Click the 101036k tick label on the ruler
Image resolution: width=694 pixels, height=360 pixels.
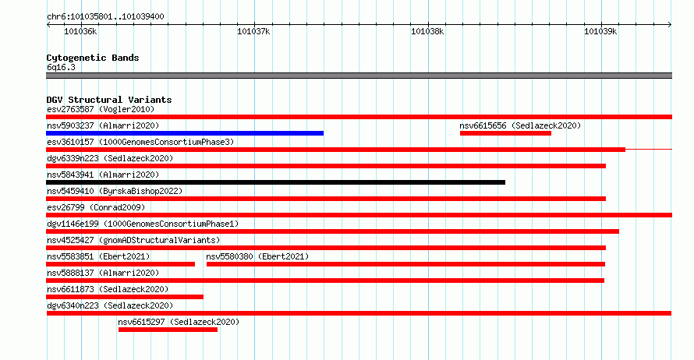coord(80,31)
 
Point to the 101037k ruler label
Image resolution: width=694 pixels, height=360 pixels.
coord(253,31)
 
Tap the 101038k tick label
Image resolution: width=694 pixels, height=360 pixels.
coord(427,31)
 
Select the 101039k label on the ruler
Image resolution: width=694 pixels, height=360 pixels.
coord(600,31)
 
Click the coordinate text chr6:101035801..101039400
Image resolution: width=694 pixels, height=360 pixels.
coord(105,17)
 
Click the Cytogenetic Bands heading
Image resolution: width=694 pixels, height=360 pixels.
coord(93,58)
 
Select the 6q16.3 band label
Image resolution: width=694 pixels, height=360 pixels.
coord(61,67)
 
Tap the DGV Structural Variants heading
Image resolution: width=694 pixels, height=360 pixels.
coord(109,100)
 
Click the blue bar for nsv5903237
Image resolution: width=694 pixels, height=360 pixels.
coord(185,133)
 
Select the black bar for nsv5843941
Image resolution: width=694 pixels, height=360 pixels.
coord(276,182)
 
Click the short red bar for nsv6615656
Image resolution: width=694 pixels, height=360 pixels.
coord(505,133)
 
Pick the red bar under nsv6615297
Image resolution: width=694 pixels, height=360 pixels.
coord(168,330)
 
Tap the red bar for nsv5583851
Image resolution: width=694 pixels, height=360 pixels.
coord(120,264)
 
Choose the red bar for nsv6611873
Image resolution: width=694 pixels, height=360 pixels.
coord(125,297)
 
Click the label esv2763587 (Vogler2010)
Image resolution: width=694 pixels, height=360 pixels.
coord(101,109)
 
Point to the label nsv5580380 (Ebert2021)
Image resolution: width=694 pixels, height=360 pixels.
coord(257,256)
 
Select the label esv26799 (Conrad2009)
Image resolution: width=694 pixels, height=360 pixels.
coord(96,207)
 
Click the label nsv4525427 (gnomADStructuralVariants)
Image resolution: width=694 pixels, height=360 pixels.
coord(133,240)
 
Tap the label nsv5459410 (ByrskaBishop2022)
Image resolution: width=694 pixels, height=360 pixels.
coord(115,191)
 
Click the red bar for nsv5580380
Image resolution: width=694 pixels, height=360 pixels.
coord(405,264)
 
